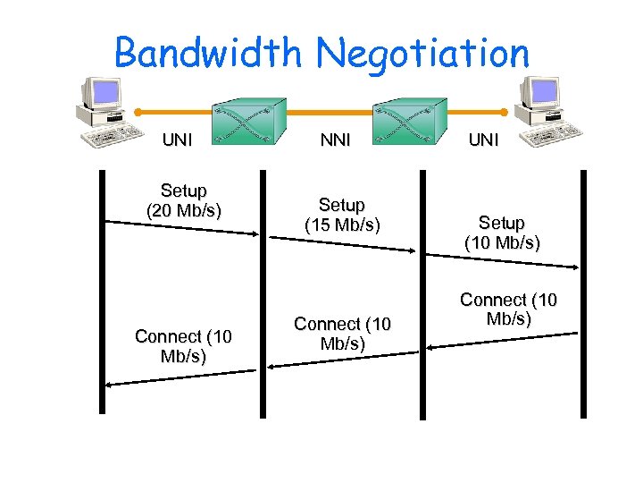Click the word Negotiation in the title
[x=424, y=53]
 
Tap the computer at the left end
[x=109, y=113]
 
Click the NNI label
[x=335, y=140]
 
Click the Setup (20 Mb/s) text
[x=183, y=200]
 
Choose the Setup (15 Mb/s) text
[x=342, y=216]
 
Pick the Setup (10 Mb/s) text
[x=501, y=233]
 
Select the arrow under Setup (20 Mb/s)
[x=183, y=226]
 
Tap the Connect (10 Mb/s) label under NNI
[x=342, y=333]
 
